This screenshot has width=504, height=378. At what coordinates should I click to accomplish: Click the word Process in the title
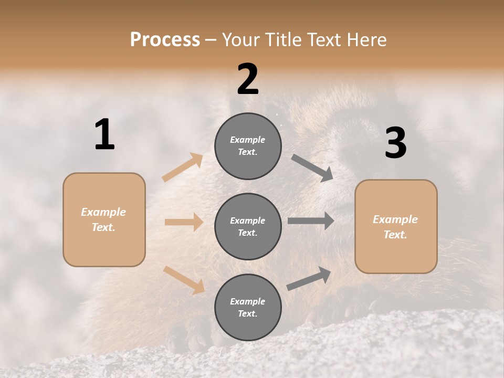[x=165, y=39]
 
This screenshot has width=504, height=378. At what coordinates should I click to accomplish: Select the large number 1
[x=104, y=135]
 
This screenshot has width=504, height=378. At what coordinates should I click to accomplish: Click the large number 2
[x=248, y=79]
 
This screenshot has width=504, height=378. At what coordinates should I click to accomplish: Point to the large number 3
[x=395, y=143]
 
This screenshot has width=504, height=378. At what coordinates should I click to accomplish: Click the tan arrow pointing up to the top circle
[x=183, y=167]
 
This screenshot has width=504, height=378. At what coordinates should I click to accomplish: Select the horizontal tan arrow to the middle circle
[x=184, y=222]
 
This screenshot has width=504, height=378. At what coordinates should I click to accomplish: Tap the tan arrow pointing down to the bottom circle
[x=184, y=279]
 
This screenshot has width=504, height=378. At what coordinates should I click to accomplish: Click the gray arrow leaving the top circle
[x=312, y=167]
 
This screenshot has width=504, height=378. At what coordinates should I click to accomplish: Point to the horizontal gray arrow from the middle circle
[x=311, y=221]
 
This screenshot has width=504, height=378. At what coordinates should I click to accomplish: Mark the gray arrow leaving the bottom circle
[x=309, y=279]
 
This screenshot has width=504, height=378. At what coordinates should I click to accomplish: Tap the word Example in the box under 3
[x=395, y=219]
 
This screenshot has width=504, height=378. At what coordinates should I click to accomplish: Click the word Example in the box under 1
[x=103, y=212]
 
